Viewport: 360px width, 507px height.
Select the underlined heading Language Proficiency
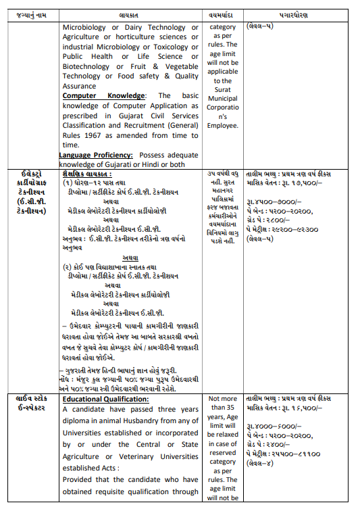coord(95,155)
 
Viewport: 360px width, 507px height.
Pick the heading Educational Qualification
coord(105,399)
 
